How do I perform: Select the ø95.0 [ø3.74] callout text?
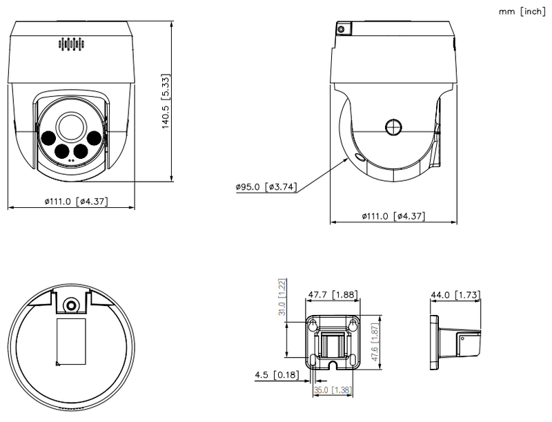(x=266, y=186)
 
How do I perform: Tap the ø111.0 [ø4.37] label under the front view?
(x=75, y=201)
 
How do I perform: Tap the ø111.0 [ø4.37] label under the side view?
(x=394, y=216)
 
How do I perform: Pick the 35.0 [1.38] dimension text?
(x=331, y=391)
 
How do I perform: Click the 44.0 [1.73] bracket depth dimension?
(x=455, y=296)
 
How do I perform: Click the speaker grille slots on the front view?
(x=70, y=45)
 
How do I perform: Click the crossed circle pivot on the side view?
(x=393, y=128)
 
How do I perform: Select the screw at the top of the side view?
(x=340, y=29)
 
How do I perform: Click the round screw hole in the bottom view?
(x=70, y=305)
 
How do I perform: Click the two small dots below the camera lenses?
(x=70, y=160)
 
